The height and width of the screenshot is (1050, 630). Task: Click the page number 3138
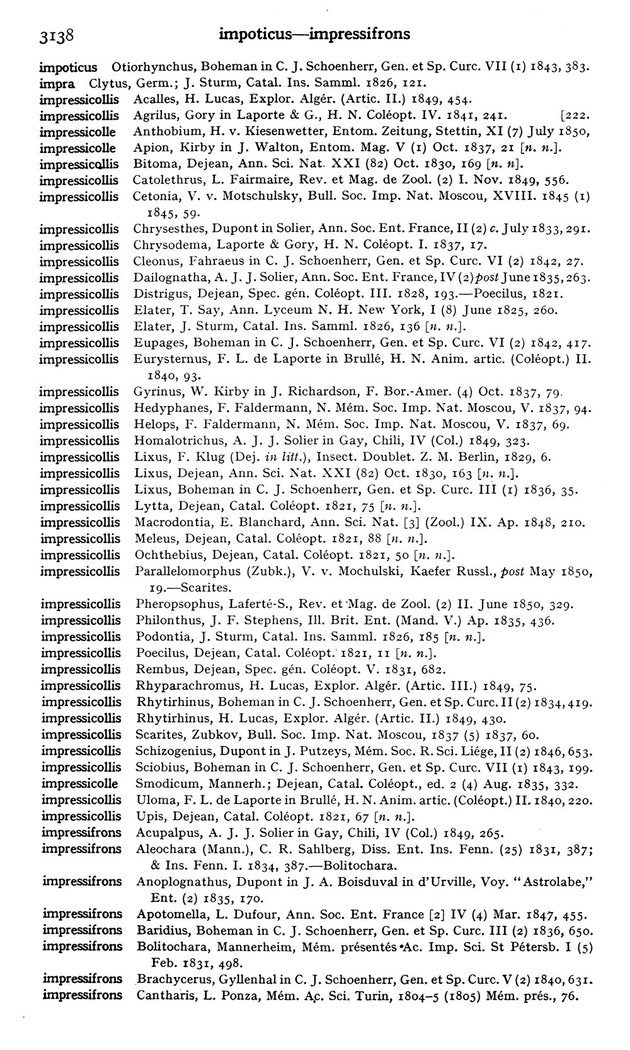[x=56, y=35]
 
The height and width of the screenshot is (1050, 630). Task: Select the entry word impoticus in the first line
[x=68, y=67]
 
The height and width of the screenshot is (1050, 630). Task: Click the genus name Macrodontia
[x=168, y=522]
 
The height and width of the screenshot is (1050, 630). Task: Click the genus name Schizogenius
[x=169, y=751]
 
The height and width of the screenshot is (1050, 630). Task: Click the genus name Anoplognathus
[x=176, y=881]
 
